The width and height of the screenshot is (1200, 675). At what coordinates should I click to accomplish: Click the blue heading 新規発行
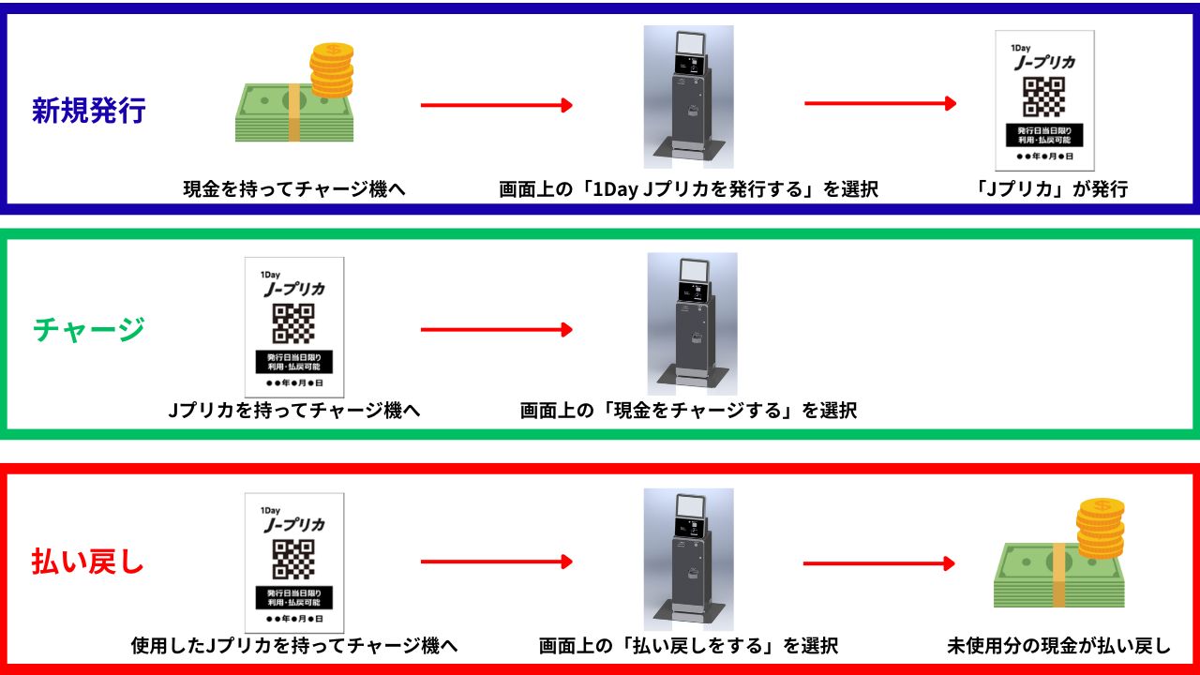[x=89, y=111]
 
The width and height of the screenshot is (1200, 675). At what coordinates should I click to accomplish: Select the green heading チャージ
[x=89, y=330]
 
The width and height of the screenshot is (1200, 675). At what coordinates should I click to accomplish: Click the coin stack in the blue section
[x=332, y=69]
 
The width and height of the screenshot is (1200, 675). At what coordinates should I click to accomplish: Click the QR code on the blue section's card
[x=1043, y=97]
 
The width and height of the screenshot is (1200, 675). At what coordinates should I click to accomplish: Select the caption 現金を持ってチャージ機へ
[x=294, y=189]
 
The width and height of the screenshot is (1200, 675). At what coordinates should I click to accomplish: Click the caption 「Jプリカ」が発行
[x=1051, y=189]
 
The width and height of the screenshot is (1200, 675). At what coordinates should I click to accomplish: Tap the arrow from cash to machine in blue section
[x=496, y=105]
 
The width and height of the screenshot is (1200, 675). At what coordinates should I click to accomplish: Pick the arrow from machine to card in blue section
[x=880, y=103]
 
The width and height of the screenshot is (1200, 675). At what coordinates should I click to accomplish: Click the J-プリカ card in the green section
[x=294, y=326]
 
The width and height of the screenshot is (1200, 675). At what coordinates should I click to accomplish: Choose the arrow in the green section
[x=496, y=330]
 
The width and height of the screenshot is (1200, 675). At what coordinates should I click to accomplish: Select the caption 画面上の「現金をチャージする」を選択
[x=688, y=411]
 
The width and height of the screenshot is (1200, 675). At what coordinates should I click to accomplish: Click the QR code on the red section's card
[x=293, y=559]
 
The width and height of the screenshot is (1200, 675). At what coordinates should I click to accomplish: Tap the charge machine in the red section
[x=688, y=556]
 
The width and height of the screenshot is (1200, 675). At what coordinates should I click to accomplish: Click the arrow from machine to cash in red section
[x=878, y=563]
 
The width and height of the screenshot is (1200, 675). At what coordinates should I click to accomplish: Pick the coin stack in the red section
[x=1101, y=528]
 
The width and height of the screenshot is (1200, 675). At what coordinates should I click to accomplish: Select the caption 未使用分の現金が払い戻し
[x=1058, y=646]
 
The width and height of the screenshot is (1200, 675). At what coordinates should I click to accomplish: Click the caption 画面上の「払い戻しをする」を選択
[x=688, y=646]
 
